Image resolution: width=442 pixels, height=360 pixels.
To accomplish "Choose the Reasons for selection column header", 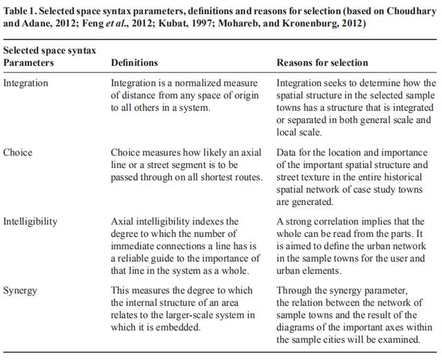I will tap(322, 63).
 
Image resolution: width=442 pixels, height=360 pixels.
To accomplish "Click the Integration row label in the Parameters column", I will tap(26, 83).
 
